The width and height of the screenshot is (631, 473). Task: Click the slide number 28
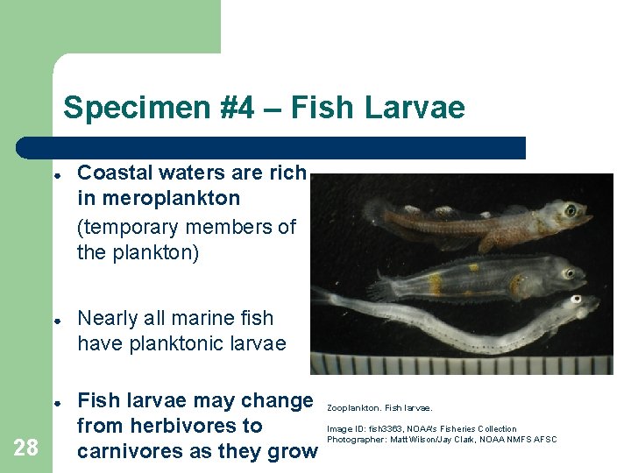pyautogui.click(x=26, y=448)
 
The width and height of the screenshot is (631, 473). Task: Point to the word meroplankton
pyautogui.click(x=159, y=199)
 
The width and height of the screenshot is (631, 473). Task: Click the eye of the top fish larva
pyautogui.click(x=571, y=210)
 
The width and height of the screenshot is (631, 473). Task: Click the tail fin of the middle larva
pyautogui.click(x=383, y=284)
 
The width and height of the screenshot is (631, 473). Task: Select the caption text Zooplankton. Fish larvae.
pyautogui.click(x=379, y=407)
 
